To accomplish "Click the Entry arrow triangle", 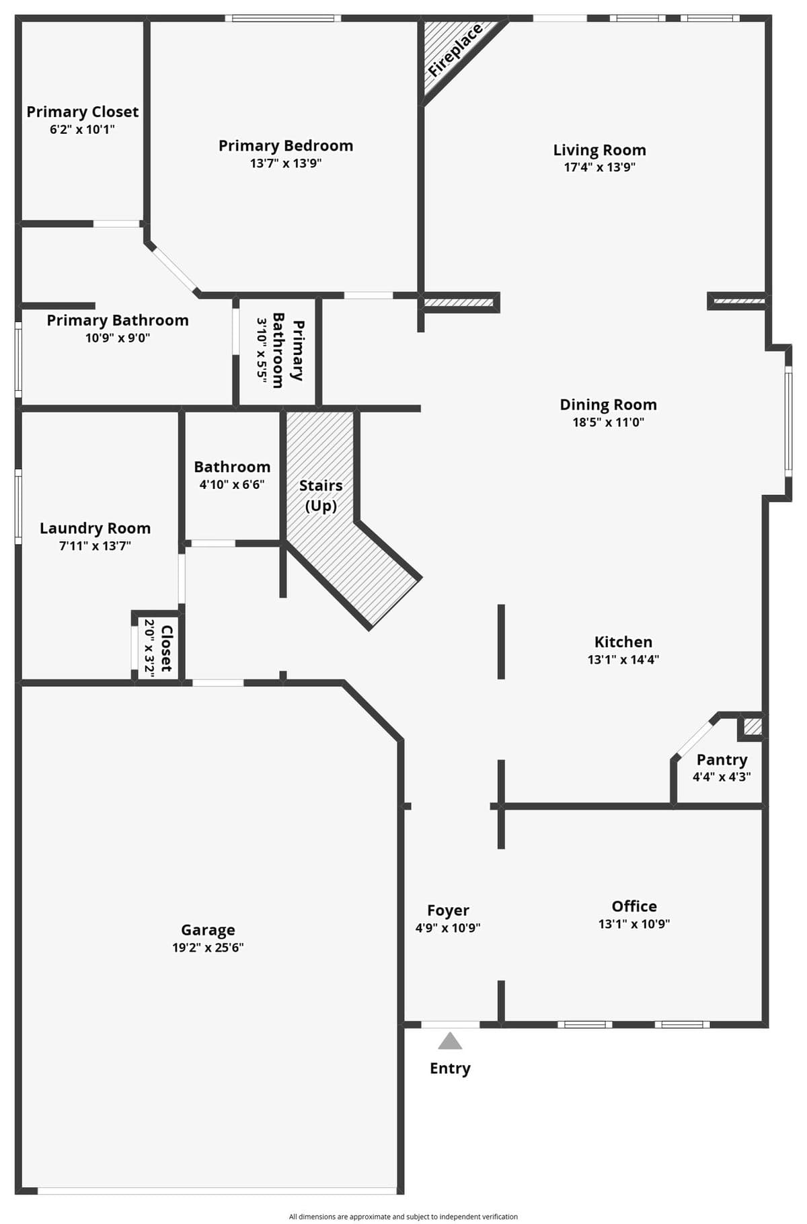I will click(x=450, y=1041).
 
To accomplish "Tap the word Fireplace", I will click(x=455, y=50).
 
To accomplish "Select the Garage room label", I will click(x=208, y=930).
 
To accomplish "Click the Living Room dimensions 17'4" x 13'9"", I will click(x=599, y=167).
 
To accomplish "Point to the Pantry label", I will click(x=722, y=760).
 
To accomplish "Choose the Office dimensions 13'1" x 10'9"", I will click(x=633, y=924).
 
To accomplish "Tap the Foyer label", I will click(x=448, y=911).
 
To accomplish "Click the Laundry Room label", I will click(x=95, y=529).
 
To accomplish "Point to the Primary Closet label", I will click(x=82, y=112).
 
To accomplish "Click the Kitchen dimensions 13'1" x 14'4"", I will click(x=623, y=660).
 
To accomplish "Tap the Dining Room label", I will click(x=608, y=405).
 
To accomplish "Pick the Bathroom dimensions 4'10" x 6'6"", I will click(x=232, y=484).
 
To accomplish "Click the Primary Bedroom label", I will click(x=286, y=146).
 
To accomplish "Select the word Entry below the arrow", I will click(x=450, y=1069).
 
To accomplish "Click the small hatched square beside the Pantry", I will click(x=753, y=727).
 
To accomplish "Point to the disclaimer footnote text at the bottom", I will click(x=403, y=1216).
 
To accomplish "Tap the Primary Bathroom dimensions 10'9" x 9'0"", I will click(x=118, y=338).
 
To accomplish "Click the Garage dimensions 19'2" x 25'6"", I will click(x=208, y=948).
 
